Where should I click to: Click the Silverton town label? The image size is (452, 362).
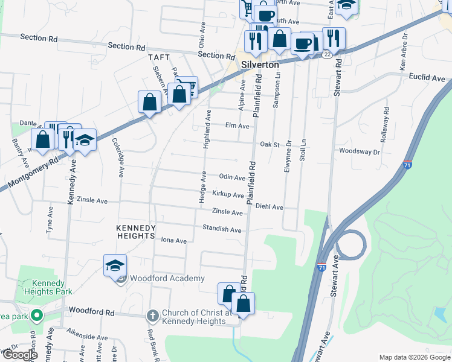tap(260, 65)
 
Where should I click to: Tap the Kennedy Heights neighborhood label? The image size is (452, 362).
tap(136, 232)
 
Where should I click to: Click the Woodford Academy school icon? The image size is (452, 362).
tap(115, 265)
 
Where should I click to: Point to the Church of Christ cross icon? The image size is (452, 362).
tap(152, 316)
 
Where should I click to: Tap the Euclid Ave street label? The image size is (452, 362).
tap(427, 77)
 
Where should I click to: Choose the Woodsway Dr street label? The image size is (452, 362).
tap(359, 151)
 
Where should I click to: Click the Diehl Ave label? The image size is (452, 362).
tap(270, 206)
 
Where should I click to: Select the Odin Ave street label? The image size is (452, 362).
tap(231, 177)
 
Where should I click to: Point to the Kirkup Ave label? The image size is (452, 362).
tap(228, 195)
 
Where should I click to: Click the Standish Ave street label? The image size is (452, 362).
tap(227, 230)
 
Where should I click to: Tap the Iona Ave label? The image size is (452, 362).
tap(174, 240)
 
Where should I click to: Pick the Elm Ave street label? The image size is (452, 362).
tap(237, 126)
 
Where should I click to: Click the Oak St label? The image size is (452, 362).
tap(269, 145)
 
